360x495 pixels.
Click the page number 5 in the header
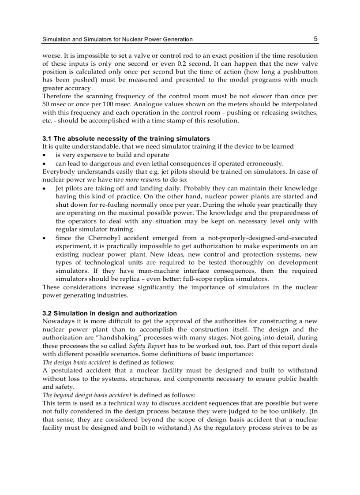(x=315, y=39)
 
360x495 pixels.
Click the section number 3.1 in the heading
(x=47, y=139)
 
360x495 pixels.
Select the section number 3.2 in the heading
(x=47, y=313)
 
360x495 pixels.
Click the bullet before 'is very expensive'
(x=45, y=155)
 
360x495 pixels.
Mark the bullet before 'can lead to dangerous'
(x=45, y=164)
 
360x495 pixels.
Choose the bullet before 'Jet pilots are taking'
(x=45, y=188)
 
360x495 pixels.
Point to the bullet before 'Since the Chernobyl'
(x=45, y=238)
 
